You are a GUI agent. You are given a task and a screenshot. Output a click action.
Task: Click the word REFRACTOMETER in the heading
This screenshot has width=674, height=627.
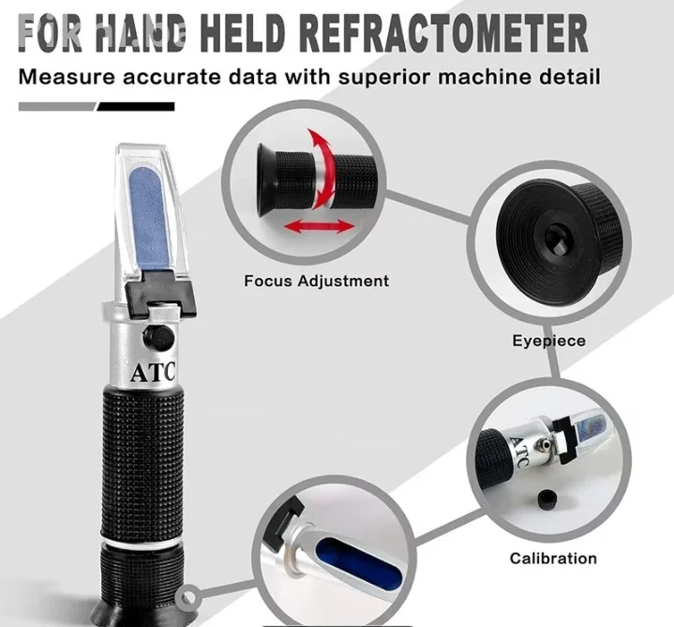(443, 33)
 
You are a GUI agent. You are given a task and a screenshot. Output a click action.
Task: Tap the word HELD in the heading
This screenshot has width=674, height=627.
(243, 33)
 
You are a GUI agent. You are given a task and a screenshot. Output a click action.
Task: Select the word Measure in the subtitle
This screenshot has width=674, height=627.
(67, 77)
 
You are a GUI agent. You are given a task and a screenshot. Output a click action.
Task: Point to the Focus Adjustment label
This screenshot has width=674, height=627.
(316, 281)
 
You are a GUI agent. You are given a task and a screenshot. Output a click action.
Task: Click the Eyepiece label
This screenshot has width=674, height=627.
(548, 341)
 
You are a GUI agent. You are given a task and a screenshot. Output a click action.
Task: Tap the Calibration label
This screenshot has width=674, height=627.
(553, 558)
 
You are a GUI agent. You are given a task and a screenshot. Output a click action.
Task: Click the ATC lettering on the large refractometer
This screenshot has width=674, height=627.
(153, 373)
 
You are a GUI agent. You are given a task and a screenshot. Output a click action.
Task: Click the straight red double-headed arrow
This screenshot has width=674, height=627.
(320, 226)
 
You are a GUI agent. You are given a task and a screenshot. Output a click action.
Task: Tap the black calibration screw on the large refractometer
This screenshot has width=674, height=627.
(158, 337)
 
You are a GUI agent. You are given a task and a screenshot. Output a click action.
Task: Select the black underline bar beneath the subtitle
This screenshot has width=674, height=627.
(136, 107)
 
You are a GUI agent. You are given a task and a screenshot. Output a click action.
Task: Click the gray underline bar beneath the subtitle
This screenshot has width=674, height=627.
(57, 107)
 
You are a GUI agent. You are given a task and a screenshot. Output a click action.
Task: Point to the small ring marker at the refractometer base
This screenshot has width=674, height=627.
(187, 598)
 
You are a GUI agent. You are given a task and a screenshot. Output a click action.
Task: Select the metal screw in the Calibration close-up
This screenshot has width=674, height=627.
(543, 444)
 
